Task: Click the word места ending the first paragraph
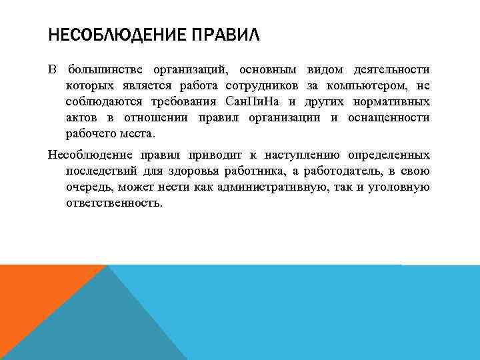pyautogui.click(x=138, y=134)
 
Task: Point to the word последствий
pyautogui.click(x=98, y=171)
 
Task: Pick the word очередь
pyautogui.click(x=87, y=187)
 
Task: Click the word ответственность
pyautogui.click(x=113, y=203)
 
